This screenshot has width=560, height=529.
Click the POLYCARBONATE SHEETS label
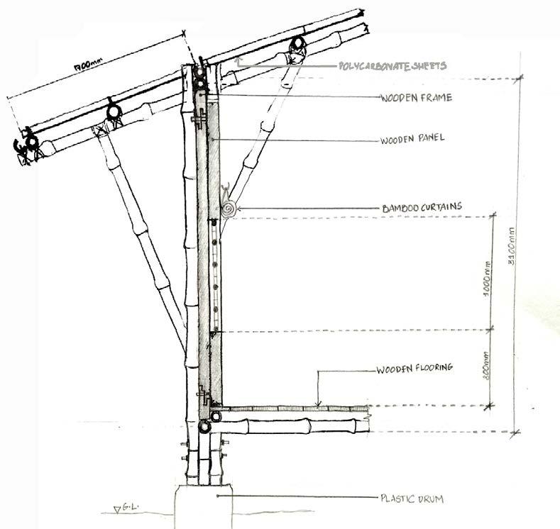pos(392,67)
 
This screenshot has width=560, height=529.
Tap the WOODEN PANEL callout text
pos(412,138)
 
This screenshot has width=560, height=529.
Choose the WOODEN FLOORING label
pos(414,368)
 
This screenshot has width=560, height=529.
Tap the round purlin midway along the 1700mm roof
pos(112,111)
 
